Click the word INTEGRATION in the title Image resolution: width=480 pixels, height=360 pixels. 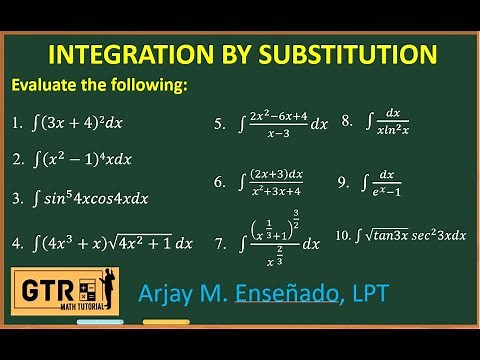point(119,53)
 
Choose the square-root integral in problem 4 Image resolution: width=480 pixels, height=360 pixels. point(110,242)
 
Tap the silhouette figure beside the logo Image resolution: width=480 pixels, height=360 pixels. point(119,293)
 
